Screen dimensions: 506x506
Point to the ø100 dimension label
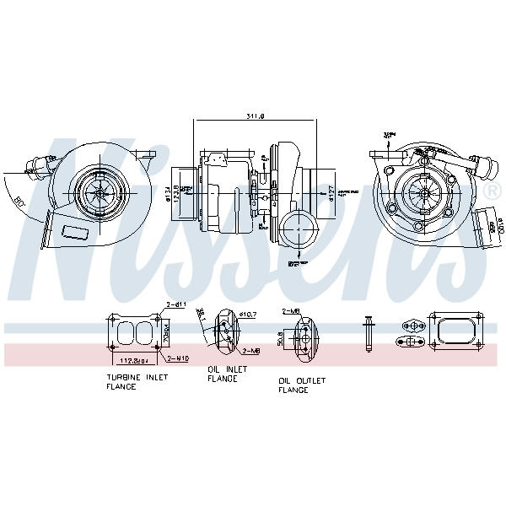pos(498,225)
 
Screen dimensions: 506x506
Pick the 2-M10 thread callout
pos(178,358)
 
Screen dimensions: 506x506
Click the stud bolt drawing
pos(369,333)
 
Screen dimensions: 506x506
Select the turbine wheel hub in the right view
pos(419,191)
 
